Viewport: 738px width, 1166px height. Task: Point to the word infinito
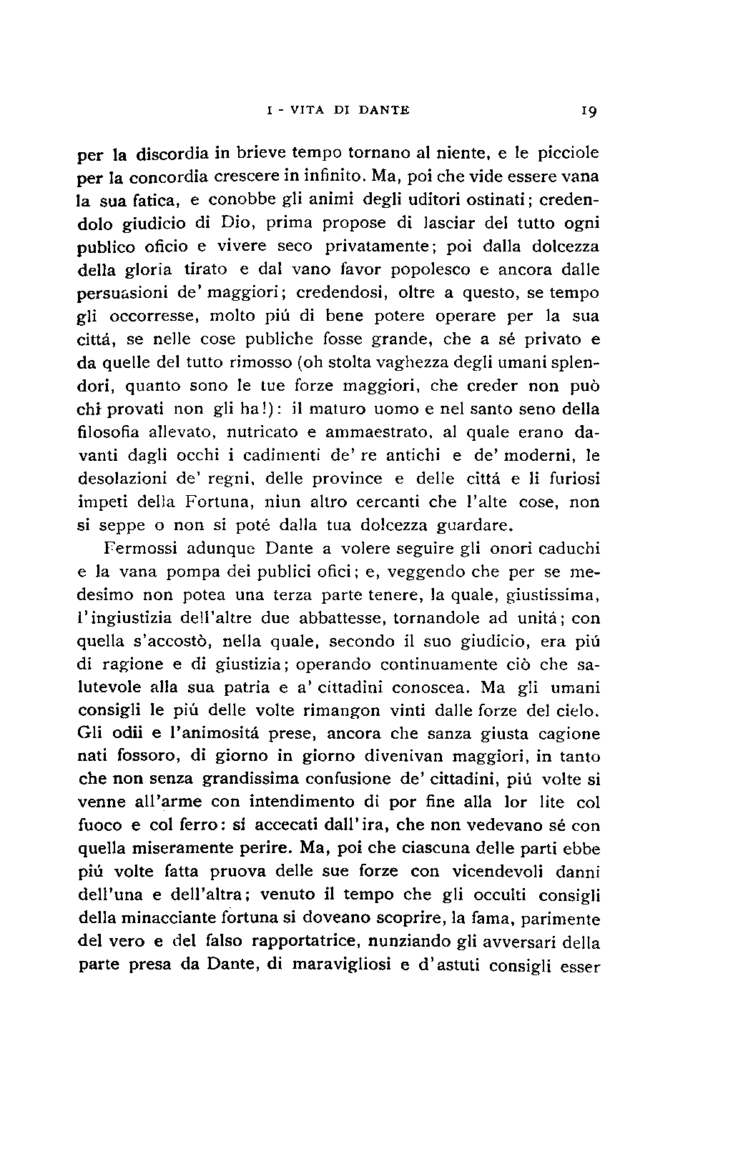(326, 175)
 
